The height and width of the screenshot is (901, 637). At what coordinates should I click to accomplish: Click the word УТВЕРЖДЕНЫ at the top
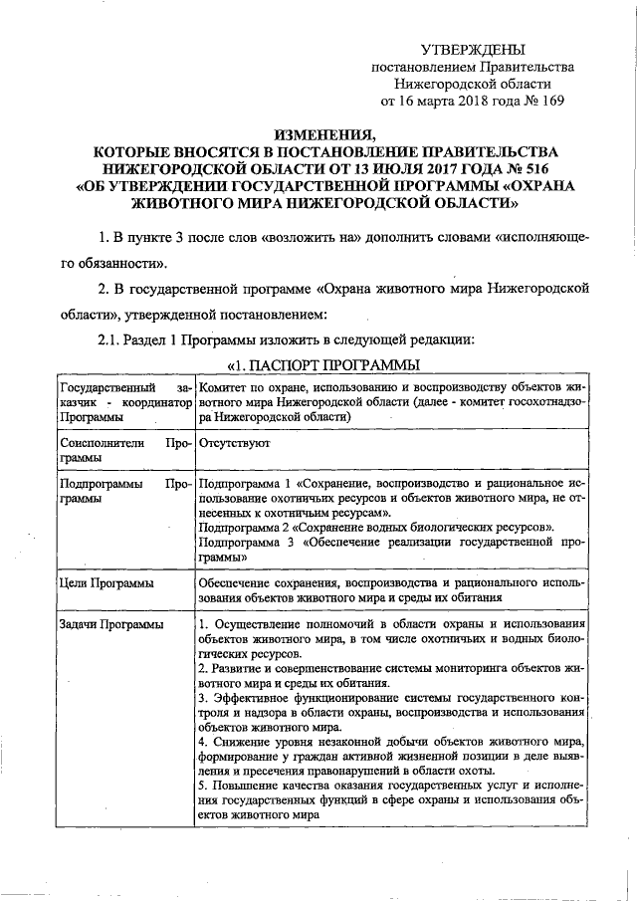(471, 49)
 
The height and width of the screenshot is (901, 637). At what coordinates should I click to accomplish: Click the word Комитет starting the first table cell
(227, 387)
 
